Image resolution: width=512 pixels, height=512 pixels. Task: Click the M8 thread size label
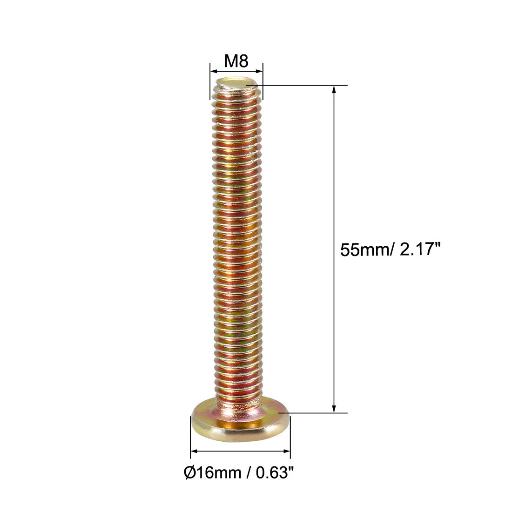coord(236,61)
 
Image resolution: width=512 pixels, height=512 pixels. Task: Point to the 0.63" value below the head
coord(275,473)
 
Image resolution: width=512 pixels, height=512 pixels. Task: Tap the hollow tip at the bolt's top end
coord(236,84)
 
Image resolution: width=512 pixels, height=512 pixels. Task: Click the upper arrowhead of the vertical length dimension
coord(334,89)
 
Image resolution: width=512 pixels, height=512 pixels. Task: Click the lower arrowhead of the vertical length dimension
coord(334,409)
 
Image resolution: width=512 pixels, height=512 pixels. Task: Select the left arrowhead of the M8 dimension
coord(213,71)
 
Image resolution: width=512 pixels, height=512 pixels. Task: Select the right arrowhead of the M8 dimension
coord(259,71)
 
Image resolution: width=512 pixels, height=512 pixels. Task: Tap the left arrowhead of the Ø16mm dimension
coord(194,451)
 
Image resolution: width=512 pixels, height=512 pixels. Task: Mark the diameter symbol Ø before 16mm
coord(189,473)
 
